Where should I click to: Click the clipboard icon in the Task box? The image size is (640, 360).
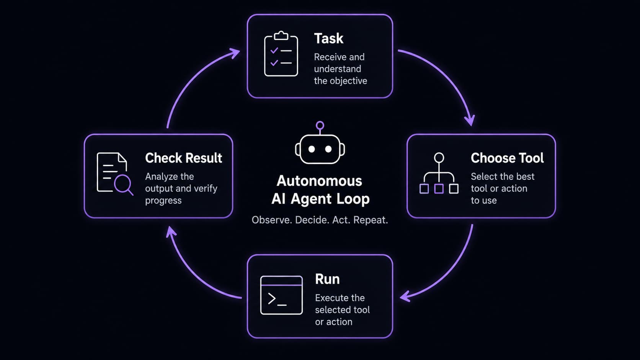click(x=281, y=54)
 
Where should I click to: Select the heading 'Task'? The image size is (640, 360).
click(x=328, y=39)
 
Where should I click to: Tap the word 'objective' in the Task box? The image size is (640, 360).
click(x=348, y=81)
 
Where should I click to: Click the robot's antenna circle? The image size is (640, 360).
click(x=320, y=125)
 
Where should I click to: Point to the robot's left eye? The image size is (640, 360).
click(x=312, y=149)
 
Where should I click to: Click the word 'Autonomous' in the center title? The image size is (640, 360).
click(x=319, y=181)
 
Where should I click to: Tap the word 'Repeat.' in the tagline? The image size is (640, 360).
click(x=371, y=220)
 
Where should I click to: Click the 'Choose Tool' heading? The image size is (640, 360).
click(x=507, y=158)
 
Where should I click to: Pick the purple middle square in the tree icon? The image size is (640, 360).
click(x=439, y=189)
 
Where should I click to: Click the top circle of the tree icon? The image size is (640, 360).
click(x=439, y=158)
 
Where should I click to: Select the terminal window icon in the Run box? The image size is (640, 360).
click(x=281, y=295)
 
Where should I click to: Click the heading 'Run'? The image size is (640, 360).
click(x=327, y=279)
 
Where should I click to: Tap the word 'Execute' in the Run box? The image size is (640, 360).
click(x=332, y=298)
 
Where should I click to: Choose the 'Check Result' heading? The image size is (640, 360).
click(x=183, y=158)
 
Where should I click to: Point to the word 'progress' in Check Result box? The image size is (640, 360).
click(x=163, y=201)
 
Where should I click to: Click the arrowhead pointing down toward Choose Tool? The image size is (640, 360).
click(x=470, y=121)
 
